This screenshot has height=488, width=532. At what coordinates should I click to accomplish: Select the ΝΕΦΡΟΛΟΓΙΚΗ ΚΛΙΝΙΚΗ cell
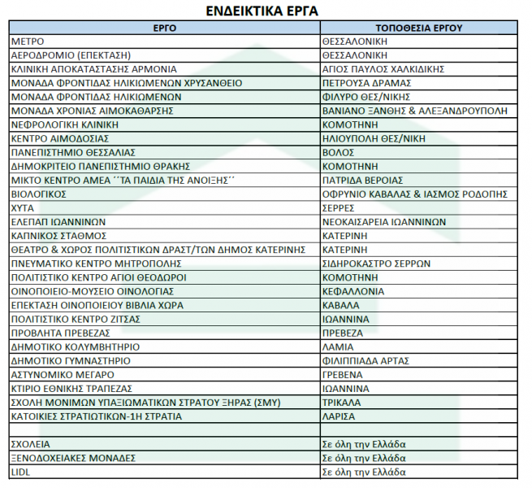click(x=65, y=124)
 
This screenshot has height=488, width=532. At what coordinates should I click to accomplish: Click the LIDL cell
click(x=20, y=472)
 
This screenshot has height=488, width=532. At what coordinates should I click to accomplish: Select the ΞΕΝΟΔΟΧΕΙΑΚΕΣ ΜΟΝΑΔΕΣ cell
click(x=73, y=458)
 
